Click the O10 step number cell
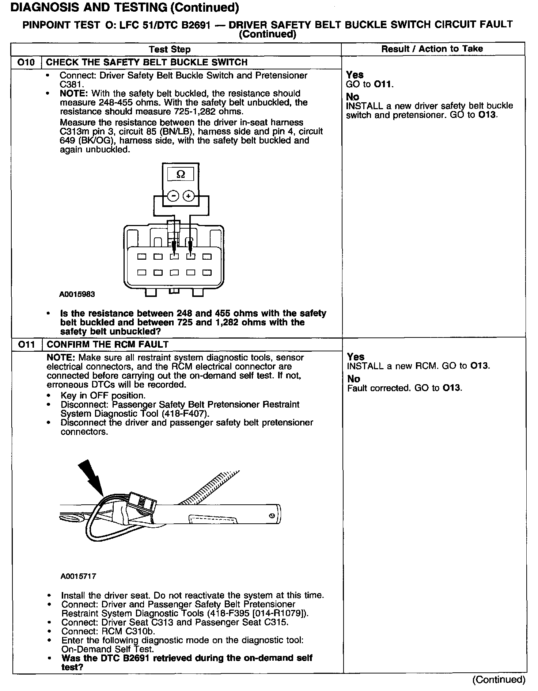[26, 62]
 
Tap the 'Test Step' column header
[170, 49]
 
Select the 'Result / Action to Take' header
[432, 49]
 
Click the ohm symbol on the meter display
[181, 175]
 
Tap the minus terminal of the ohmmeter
[173, 196]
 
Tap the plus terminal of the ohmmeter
[188, 196]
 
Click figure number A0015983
[77, 294]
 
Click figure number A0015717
[78, 576]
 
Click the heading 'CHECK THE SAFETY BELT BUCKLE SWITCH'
[147, 62]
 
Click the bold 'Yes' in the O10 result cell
[355, 75]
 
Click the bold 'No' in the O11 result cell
[353, 379]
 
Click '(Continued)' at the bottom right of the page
[499, 679]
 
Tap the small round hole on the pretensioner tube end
[271, 516]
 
